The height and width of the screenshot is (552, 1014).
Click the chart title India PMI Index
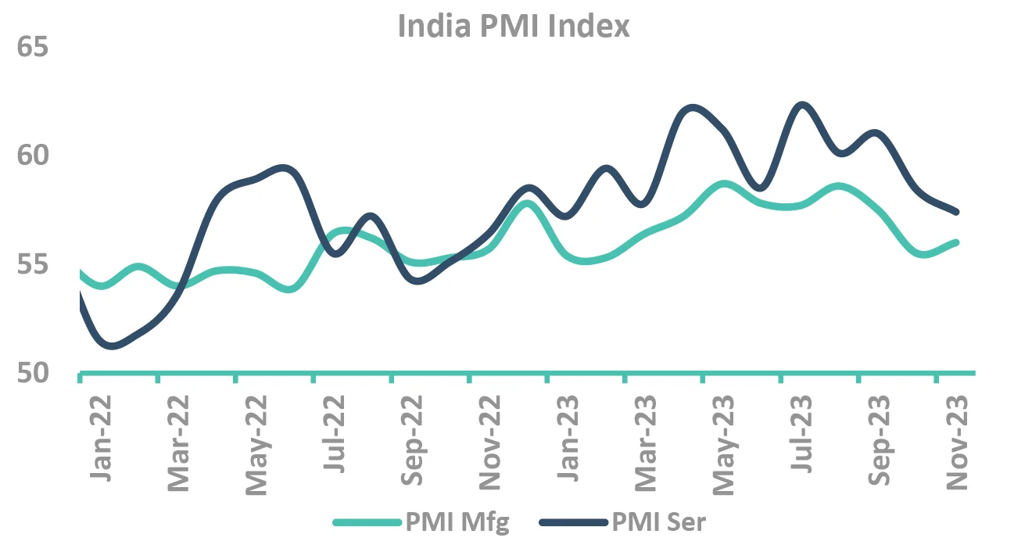[513, 27]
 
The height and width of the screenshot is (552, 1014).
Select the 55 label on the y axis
[32, 265]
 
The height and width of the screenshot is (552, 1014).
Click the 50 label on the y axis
[32, 374]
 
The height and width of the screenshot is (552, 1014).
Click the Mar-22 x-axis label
[179, 443]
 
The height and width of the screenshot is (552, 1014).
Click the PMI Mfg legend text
[457, 522]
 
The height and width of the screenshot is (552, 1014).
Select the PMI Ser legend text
[659, 522]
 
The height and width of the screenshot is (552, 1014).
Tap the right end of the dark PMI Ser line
[956, 212]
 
